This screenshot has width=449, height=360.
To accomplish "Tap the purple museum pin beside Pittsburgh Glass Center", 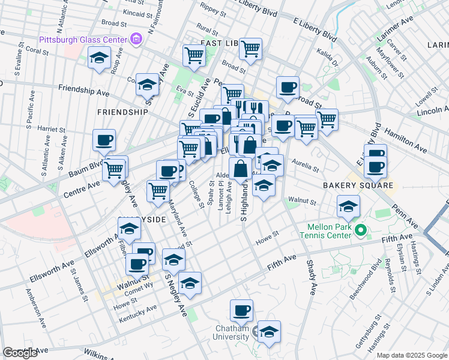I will point(136,40).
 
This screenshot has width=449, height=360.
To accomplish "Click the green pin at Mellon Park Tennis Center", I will point(360,230).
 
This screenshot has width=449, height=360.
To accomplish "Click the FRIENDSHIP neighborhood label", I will point(122,112).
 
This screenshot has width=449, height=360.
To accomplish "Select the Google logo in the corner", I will point(20,353).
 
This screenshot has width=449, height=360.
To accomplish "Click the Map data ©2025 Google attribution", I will point(412,355).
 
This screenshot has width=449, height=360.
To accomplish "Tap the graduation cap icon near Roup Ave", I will point(98,59).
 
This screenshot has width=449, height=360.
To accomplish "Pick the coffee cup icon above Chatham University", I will point(241,310).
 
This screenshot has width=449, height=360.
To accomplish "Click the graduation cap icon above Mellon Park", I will point(348,207).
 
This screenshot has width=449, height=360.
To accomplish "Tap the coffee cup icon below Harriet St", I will point(104,140).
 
